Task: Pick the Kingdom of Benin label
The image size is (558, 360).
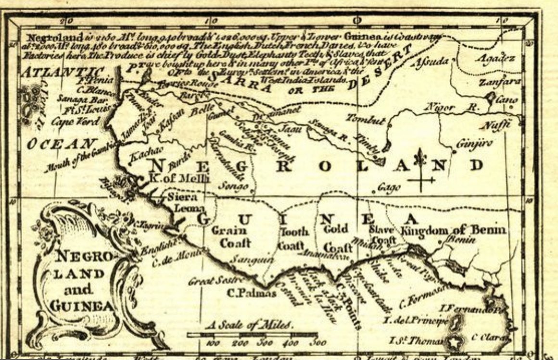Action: coord(455,230)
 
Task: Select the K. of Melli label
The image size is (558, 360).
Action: coord(179,179)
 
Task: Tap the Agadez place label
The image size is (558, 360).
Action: coord(495,59)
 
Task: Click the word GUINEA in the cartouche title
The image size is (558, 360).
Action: coord(81,306)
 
